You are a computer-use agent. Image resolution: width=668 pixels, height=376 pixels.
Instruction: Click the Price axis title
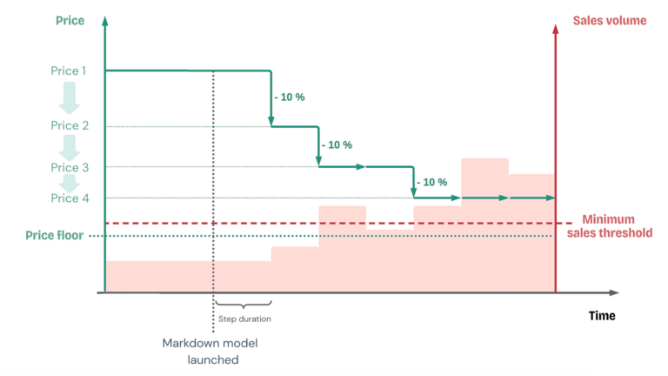pyautogui.click(x=70, y=20)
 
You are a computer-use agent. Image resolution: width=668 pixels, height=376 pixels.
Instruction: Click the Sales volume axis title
pyautogui.click(x=609, y=20)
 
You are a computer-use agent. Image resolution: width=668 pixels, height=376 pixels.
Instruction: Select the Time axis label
pyautogui.click(x=601, y=315)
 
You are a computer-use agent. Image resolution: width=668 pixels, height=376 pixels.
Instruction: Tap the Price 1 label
pyautogui.click(x=69, y=70)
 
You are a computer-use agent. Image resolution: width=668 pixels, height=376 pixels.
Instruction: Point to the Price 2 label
pyautogui.click(x=69, y=126)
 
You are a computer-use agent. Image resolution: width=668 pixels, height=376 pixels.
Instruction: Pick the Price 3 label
pyautogui.click(x=69, y=167)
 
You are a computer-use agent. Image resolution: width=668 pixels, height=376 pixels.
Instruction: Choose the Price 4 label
pyautogui.click(x=69, y=198)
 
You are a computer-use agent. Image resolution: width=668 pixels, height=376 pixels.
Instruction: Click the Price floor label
pyautogui.click(x=56, y=235)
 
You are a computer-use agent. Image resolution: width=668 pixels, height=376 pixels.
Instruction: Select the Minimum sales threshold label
pyautogui.click(x=609, y=226)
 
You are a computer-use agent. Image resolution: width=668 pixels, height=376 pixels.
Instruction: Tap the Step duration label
pyautogui.click(x=244, y=319)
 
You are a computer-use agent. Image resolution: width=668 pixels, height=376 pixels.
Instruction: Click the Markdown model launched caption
pyautogui.click(x=210, y=351)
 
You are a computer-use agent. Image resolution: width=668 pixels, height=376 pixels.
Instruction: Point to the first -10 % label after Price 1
pyautogui.click(x=289, y=97)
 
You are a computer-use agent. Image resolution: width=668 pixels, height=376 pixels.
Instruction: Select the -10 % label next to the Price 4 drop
pyautogui.click(x=431, y=182)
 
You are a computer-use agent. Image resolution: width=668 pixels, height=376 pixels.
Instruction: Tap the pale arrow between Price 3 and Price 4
pyautogui.click(x=69, y=183)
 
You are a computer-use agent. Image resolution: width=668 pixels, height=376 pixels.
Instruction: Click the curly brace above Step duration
pyautogui.click(x=244, y=304)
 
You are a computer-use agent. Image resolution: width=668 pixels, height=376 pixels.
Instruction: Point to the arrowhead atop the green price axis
pyautogui.click(x=104, y=20)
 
